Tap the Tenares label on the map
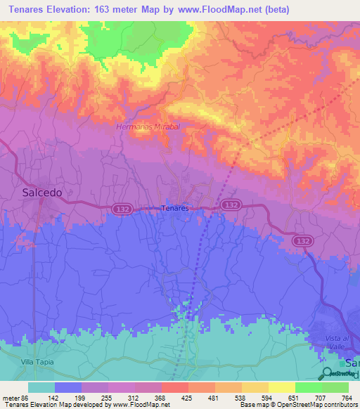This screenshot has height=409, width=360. pyautogui.click(x=175, y=209)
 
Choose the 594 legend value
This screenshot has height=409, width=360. pyautogui.click(x=266, y=397)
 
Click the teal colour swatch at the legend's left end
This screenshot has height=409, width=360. pyautogui.click(x=41, y=387)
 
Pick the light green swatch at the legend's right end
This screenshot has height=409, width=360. pyautogui.click(x=335, y=387)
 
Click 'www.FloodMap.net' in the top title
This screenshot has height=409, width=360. pyautogui.click(x=216, y=10)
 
